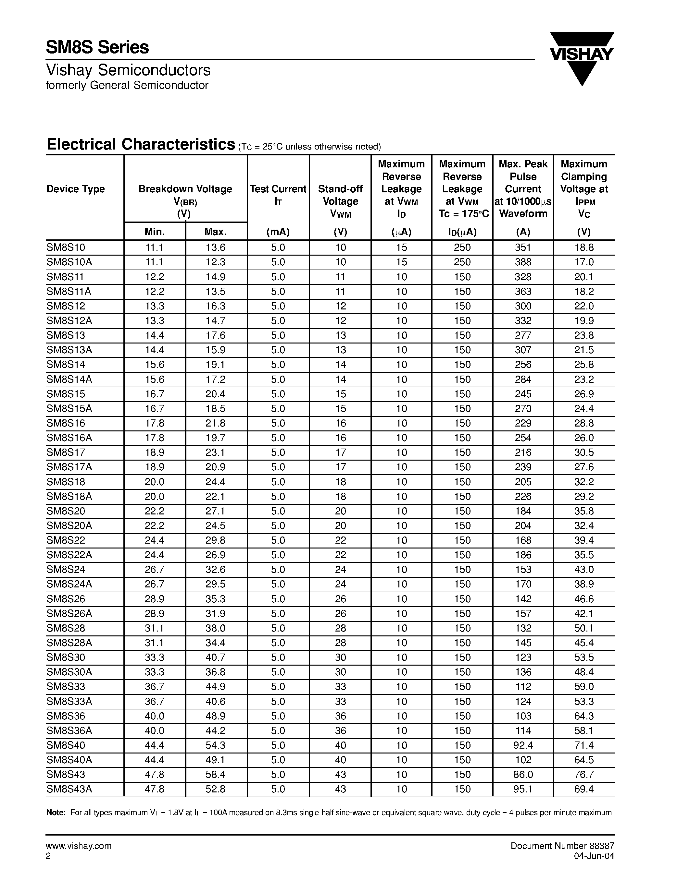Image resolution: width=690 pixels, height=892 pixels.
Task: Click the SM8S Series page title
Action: coord(97,47)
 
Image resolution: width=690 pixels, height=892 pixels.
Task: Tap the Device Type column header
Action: coord(76,189)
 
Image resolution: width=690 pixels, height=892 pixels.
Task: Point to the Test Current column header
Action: coord(278,189)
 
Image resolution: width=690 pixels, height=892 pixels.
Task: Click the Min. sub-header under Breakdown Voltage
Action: coord(155,232)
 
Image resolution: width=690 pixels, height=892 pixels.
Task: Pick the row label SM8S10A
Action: coord(69,262)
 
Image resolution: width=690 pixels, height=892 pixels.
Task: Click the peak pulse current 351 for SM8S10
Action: coord(523,247)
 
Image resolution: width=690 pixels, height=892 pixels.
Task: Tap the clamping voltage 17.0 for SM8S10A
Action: coord(584,262)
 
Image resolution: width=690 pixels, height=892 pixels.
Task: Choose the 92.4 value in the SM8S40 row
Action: coord(523,745)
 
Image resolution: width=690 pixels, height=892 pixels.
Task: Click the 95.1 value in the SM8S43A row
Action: coord(523,790)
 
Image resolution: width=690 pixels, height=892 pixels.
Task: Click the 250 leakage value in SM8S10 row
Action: coord(462,247)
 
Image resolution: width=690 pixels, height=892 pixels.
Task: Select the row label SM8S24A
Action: coord(69,585)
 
